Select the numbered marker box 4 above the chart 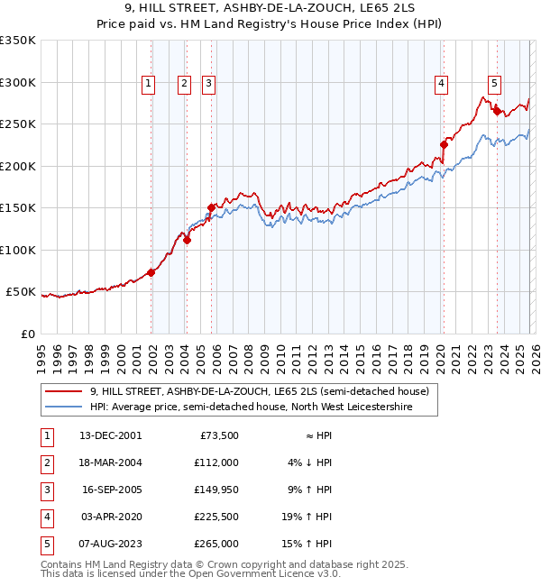pos(442,84)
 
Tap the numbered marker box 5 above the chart pos(495,84)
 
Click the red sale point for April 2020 pos(444,144)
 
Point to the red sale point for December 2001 pos(151,272)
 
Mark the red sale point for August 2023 pos(497,111)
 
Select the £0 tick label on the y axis pos(27,334)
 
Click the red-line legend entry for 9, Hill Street pos(263,391)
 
